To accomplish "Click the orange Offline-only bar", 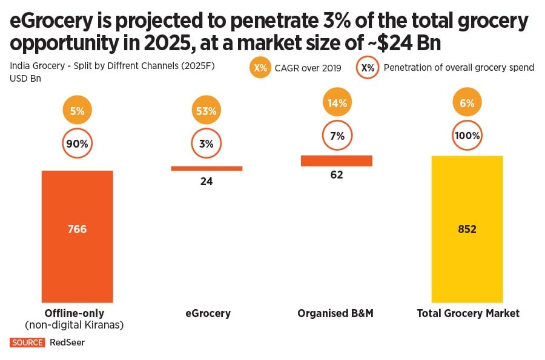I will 77,236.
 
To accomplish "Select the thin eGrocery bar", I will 206,168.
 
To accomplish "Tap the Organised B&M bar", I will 336,160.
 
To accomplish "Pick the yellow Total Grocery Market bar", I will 467,229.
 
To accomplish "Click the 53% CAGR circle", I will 206,111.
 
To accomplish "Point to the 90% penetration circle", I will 77,144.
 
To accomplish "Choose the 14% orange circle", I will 337,103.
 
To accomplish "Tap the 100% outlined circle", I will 467,136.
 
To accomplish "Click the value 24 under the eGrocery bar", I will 206,181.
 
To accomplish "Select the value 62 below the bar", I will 337,175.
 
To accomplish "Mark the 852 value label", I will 467,229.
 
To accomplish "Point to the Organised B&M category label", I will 335,313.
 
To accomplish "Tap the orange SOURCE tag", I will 27,342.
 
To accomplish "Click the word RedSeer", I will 67,342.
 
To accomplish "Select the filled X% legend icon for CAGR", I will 260,68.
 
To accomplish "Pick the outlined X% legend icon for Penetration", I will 368,68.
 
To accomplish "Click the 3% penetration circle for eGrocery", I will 206,144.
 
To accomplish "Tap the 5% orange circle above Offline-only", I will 77,111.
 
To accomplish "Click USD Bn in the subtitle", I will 23,78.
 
